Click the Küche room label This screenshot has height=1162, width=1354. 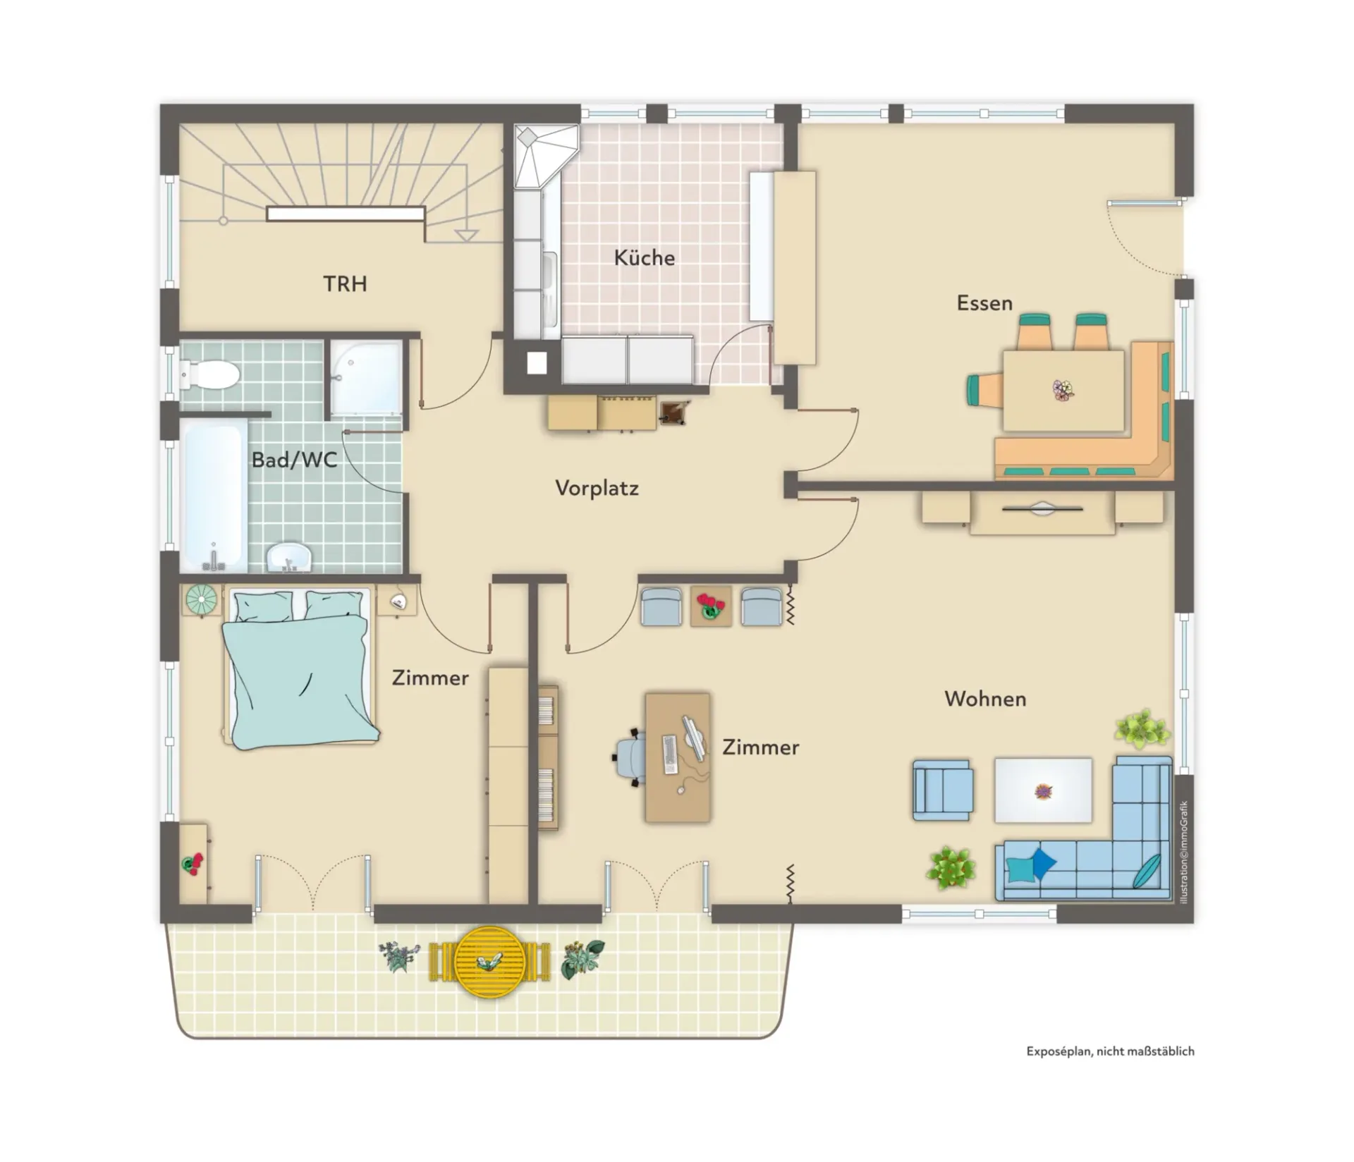(x=644, y=257)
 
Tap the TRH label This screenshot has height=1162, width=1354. (x=345, y=283)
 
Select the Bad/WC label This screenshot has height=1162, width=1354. (x=294, y=460)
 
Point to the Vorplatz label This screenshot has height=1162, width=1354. (x=597, y=488)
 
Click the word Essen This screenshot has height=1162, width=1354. (x=984, y=303)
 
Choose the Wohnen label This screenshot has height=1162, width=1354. (x=985, y=699)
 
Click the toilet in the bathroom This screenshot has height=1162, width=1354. (x=209, y=374)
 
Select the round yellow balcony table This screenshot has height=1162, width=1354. (x=489, y=962)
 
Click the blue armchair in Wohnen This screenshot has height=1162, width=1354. (x=943, y=790)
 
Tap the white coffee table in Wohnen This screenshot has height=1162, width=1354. (x=1043, y=790)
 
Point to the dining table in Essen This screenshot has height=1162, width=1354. (x=1063, y=391)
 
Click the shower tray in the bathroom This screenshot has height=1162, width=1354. (x=366, y=377)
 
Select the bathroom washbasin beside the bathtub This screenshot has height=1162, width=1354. (x=289, y=557)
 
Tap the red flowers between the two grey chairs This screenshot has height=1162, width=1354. (x=710, y=606)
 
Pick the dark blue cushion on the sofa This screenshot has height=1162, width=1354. (x=1042, y=862)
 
